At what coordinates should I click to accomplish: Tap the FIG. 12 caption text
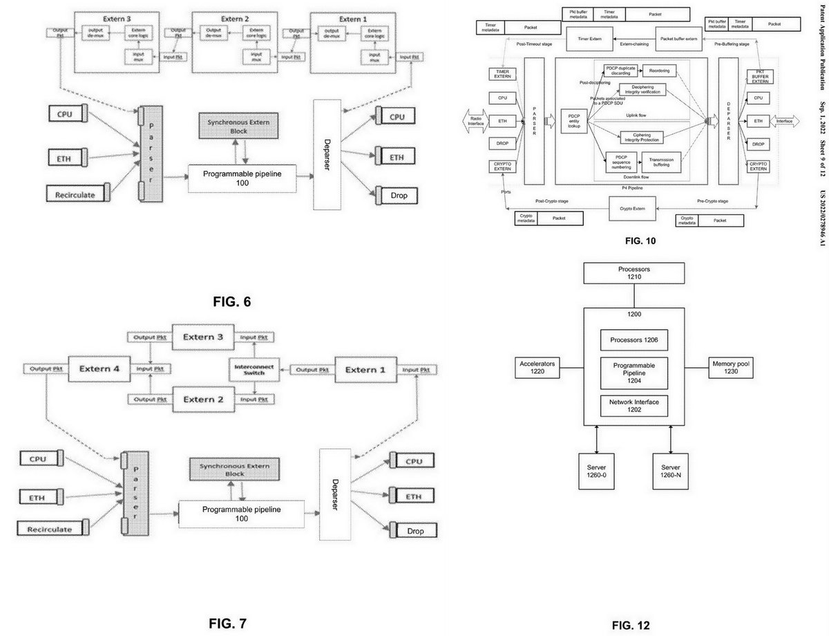pyautogui.click(x=631, y=626)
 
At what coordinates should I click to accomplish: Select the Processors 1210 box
pyautogui.click(x=633, y=273)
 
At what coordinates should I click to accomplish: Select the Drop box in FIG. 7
pyautogui.click(x=414, y=530)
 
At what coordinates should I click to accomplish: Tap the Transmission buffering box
pyautogui.click(x=667, y=163)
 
